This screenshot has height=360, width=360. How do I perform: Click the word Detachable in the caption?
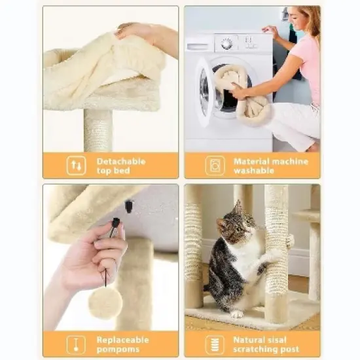121,161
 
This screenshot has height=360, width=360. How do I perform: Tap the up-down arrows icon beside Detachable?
77,166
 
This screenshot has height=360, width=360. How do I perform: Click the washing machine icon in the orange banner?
215,166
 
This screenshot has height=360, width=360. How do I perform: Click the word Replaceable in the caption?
124,339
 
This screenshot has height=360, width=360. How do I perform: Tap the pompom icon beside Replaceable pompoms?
77,344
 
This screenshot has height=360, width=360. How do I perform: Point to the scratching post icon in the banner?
215,344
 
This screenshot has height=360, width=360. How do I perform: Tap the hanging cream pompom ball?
105,302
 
